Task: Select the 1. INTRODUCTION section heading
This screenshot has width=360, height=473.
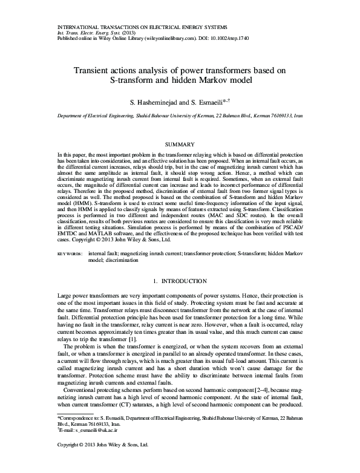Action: [180, 298]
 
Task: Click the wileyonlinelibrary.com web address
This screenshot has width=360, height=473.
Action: [172, 36]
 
